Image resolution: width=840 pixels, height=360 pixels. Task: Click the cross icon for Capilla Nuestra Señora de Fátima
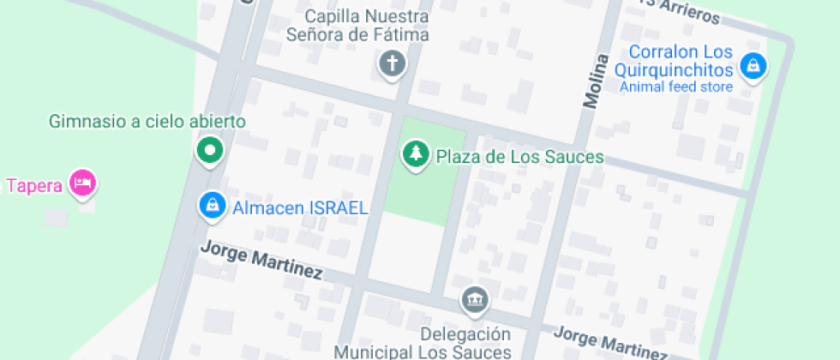coord(393,63)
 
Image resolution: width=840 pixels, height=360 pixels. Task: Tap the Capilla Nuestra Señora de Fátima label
coord(369,26)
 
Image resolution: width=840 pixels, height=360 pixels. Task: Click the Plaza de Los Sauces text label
coord(519,157)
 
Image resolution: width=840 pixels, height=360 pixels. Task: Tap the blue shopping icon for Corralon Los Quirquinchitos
coord(753,65)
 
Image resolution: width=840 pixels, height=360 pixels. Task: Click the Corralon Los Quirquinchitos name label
coord(681,61)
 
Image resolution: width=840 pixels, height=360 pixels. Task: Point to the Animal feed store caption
coord(675,87)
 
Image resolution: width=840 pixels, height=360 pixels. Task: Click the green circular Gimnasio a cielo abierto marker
coord(209,152)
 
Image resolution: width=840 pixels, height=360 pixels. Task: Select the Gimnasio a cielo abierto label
coord(147,122)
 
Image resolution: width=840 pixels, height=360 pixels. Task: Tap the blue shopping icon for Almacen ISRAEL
coord(210,206)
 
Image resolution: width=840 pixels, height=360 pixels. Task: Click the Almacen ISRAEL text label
coord(300,207)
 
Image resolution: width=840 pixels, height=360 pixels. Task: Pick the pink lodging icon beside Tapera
coord(83,183)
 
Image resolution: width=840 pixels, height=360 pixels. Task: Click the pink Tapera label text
coord(33,185)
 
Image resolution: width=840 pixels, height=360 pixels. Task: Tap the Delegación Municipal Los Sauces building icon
coord(473,300)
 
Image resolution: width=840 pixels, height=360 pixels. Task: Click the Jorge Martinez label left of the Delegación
coord(261,261)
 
